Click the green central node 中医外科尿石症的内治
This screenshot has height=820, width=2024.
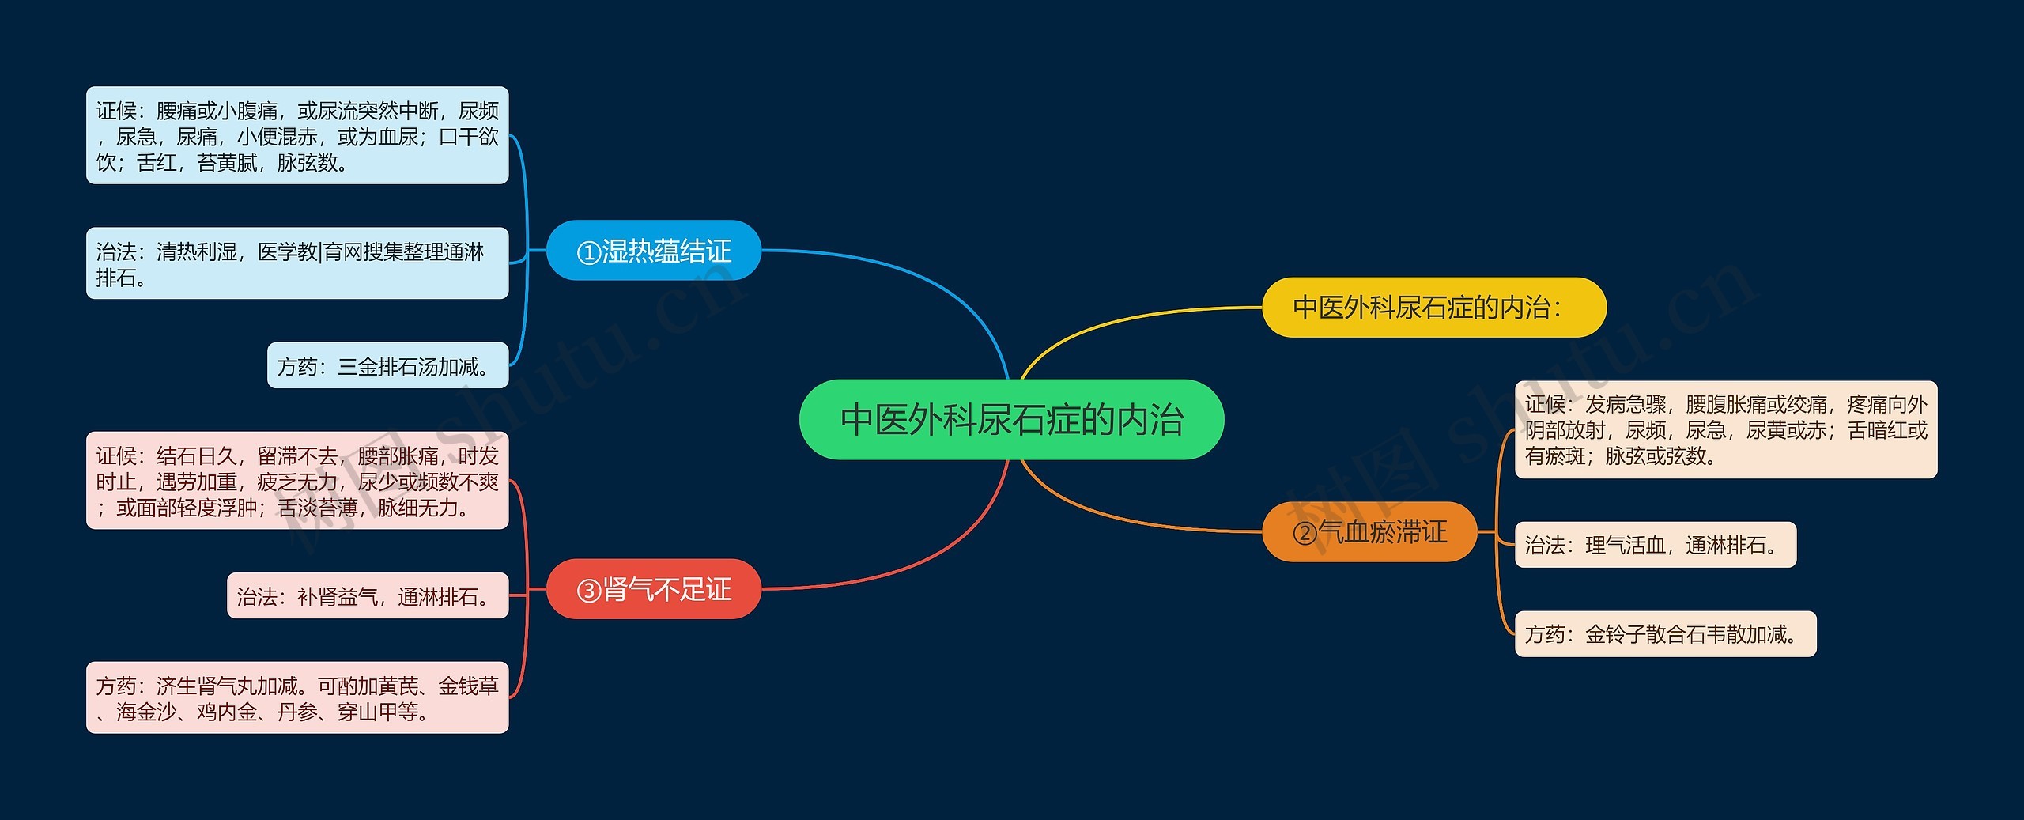[x=1011, y=419]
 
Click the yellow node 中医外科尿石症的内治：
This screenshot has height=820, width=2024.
[x=1433, y=308]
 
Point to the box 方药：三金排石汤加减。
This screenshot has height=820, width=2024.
[x=387, y=366]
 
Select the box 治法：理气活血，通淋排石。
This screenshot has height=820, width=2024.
[x=1655, y=545]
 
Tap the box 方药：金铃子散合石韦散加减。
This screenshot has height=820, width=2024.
[x=1665, y=634]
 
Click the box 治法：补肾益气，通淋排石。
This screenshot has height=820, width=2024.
[x=368, y=596]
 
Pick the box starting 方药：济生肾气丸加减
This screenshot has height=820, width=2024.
[x=297, y=698]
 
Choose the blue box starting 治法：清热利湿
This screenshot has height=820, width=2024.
[x=297, y=264]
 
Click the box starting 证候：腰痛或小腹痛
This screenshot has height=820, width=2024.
[x=297, y=136]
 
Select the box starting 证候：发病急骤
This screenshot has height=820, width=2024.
[x=1725, y=430]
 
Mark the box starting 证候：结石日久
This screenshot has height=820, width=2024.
[x=297, y=481]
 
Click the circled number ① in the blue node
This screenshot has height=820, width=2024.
[x=589, y=252]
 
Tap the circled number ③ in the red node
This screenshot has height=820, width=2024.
[x=589, y=591]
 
